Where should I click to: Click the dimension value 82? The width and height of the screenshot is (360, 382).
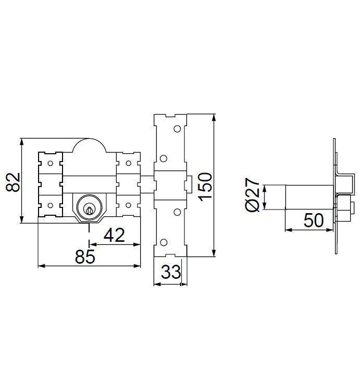[x=13, y=182]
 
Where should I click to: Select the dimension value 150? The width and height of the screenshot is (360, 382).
[x=205, y=187]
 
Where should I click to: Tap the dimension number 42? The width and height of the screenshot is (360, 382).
[x=114, y=235]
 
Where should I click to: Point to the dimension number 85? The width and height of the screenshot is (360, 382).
[x=85, y=256]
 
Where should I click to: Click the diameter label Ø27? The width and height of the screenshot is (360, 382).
[x=252, y=195]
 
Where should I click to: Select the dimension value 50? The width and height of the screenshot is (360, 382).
[x=314, y=220]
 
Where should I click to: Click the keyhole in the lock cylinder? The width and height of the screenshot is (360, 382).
[x=89, y=210]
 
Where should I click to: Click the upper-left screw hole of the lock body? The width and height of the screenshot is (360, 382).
[x=51, y=163]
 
